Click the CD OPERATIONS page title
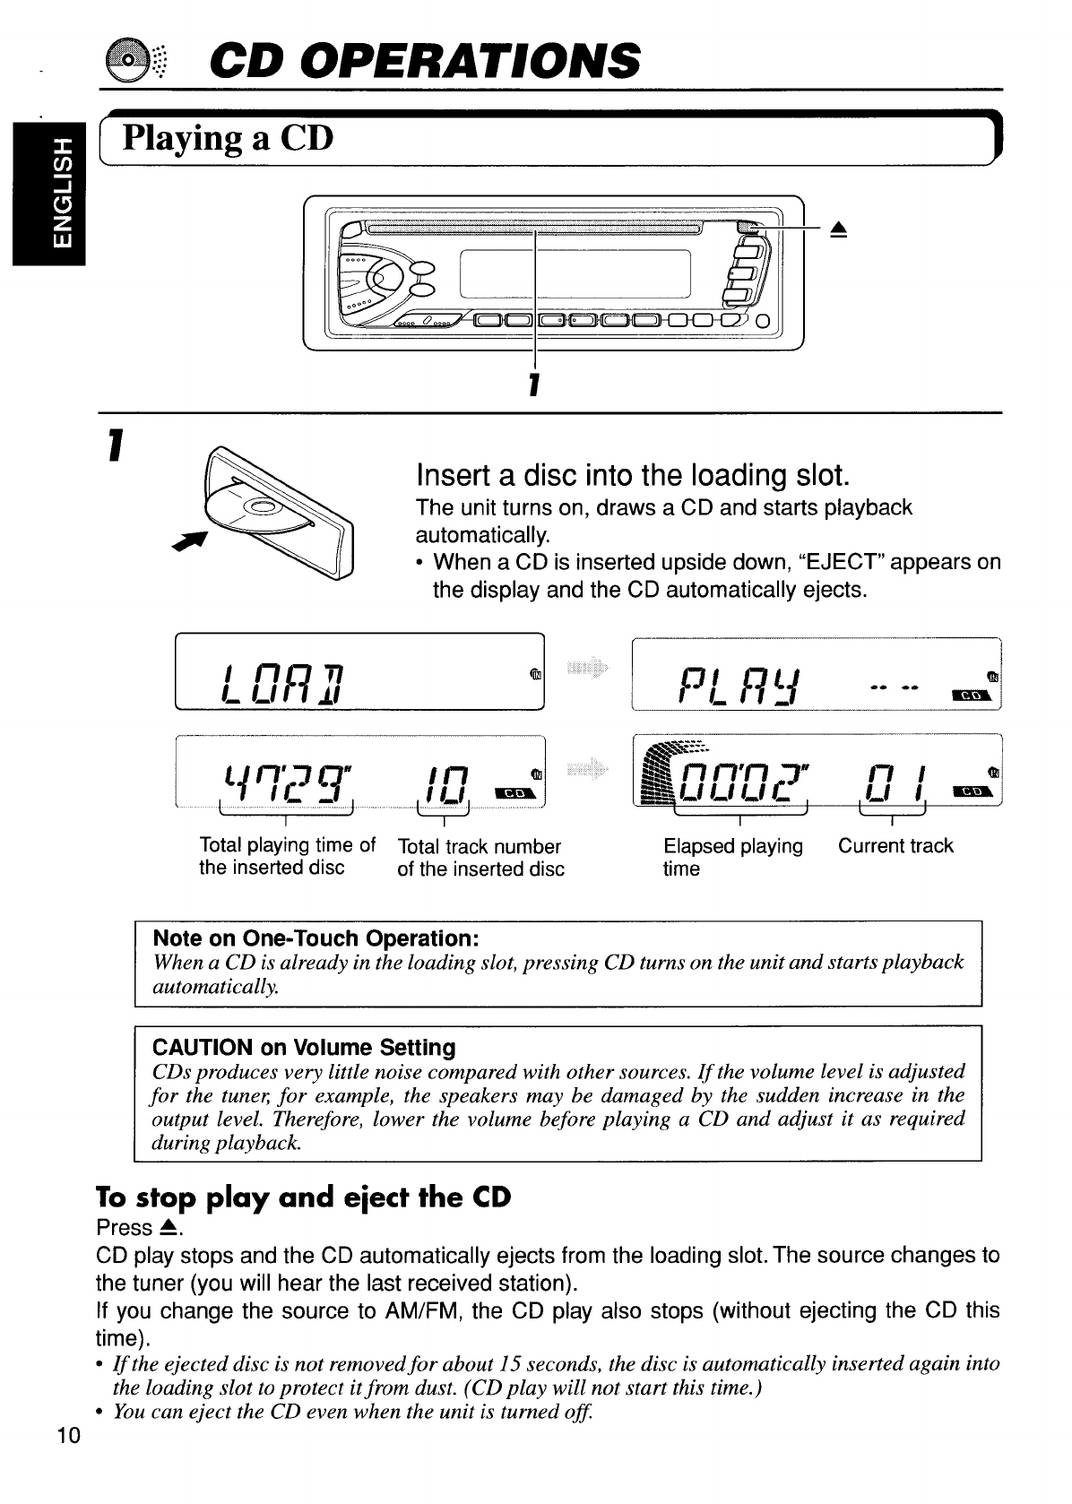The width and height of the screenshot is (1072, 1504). [x=424, y=60]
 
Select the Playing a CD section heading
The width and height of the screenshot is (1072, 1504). [x=228, y=138]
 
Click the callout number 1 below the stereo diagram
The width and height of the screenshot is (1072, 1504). [x=534, y=385]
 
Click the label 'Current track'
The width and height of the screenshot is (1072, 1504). [x=895, y=845]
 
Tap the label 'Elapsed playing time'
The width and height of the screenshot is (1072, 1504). [x=732, y=857]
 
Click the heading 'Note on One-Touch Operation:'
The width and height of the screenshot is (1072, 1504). [x=316, y=938]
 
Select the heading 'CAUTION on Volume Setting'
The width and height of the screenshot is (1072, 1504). [x=304, y=1047]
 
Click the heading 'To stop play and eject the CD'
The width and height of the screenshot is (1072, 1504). [x=303, y=1197]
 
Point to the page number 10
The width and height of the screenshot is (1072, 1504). [x=68, y=1436]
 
